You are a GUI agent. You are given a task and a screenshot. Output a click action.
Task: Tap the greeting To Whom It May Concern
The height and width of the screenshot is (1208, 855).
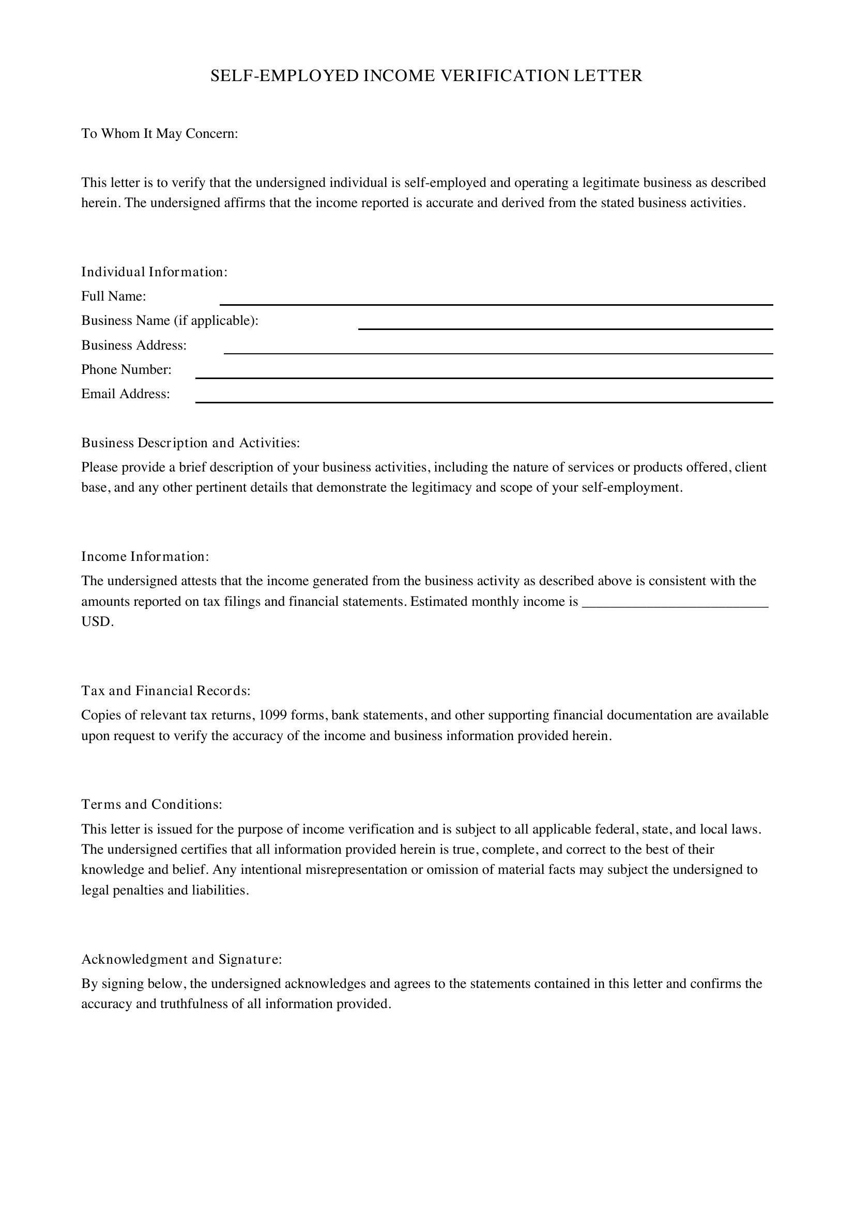click(x=160, y=134)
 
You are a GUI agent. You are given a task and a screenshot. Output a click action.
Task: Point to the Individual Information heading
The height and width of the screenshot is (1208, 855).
click(x=154, y=272)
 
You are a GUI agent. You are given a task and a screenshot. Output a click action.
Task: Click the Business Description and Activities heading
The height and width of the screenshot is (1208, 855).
click(x=191, y=443)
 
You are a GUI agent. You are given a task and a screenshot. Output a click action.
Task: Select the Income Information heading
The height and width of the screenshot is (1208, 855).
click(x=145, y=557)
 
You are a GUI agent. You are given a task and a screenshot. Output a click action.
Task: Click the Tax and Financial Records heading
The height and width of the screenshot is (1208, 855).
click(x=166, y=691)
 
